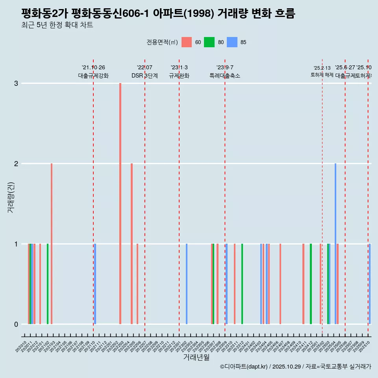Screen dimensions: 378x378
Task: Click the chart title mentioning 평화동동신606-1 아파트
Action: point(158,14)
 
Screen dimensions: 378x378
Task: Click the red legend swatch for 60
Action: point(187,42)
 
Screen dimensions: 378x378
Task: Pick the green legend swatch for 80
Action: point(209,42)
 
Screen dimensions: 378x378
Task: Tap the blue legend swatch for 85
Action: point(232,42)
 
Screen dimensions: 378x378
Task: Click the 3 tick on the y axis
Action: point(16,83)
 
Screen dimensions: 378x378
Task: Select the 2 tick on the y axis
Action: point(16,163)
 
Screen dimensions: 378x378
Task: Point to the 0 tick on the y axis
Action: point(16,324)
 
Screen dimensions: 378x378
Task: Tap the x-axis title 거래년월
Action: point(196,357)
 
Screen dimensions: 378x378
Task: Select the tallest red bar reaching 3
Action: point(120,203)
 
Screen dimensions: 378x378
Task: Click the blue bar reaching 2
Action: point(335,243)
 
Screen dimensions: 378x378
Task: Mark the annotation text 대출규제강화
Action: point(93,76)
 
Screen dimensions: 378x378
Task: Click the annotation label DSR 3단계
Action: point(145,76)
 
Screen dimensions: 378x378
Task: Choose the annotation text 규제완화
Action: point(179,76)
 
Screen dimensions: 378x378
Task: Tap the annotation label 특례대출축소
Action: point(225,76)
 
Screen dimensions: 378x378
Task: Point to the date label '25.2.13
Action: point(322,68)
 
